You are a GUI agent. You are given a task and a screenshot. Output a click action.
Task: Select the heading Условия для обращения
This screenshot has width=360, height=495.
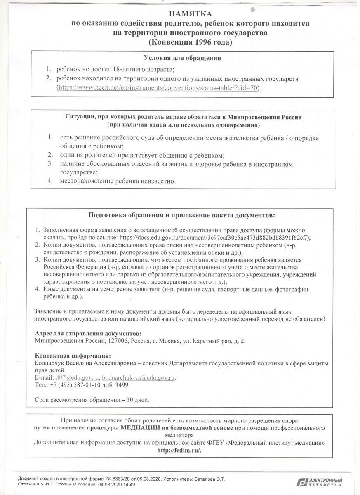(182, 58)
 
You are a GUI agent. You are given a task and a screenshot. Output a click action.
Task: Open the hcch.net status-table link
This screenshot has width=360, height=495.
(159, 88)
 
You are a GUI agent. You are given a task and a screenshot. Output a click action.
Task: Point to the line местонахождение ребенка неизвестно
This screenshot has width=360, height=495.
(118, 181)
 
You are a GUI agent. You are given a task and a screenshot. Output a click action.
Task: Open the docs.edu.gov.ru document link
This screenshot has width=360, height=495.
(214, 237)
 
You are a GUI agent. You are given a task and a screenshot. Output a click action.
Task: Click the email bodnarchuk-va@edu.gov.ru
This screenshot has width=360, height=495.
(139, 377)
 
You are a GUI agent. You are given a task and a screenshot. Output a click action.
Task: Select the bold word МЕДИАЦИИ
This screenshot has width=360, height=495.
(140, 428)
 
